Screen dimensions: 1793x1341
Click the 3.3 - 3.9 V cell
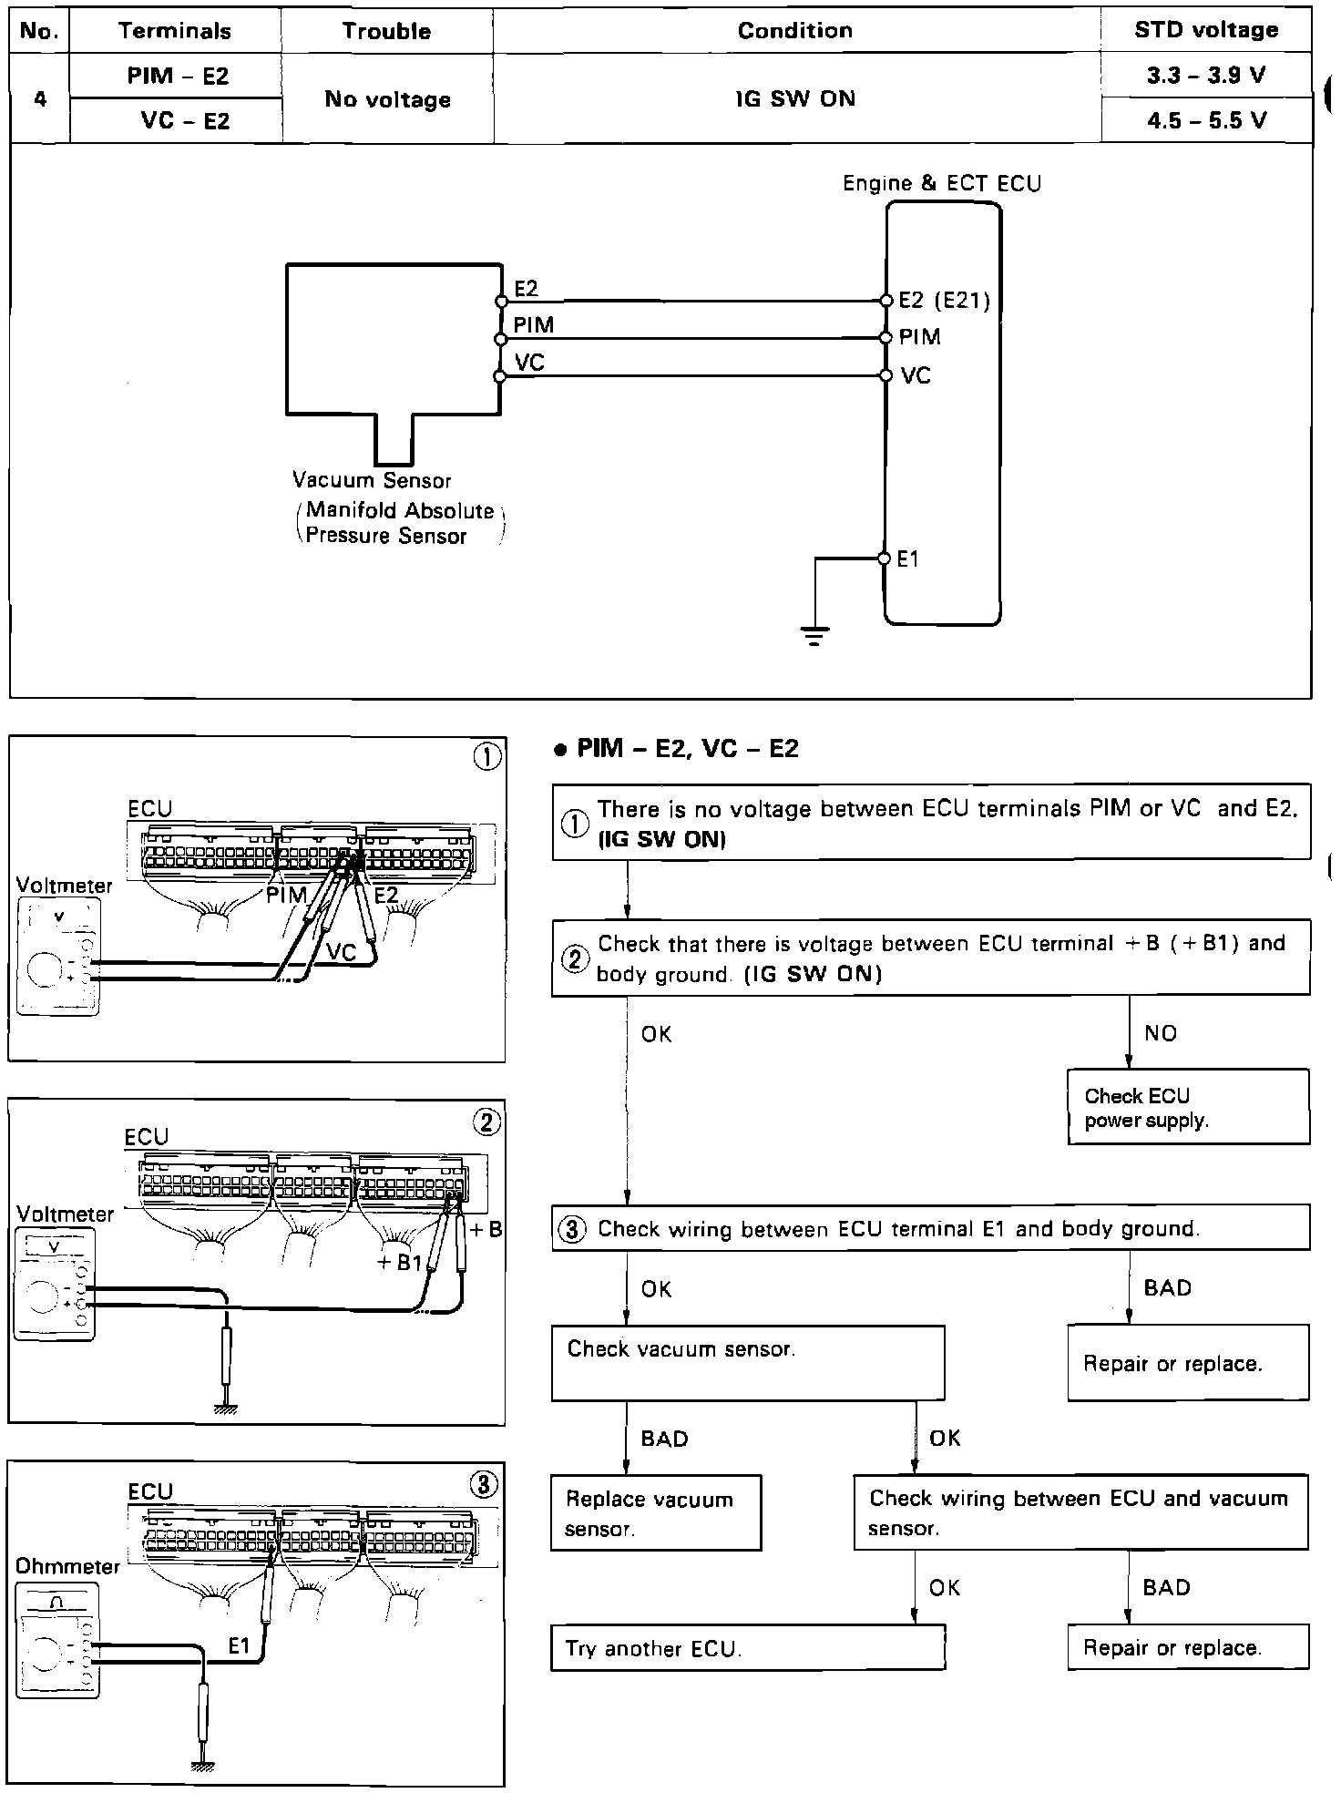point(1206,76)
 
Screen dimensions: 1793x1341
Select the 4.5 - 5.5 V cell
point(1206,120)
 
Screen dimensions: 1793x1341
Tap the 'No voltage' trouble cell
point(387,99)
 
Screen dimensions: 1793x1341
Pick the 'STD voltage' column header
point(1206,30)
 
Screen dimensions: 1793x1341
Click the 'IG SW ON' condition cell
point(795,98)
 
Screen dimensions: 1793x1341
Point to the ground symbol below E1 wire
point(814,634)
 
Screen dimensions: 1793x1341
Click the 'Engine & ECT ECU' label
point(941,183)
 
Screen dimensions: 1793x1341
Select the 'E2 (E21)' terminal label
point(944,301)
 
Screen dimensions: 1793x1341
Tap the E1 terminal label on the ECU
point(908,559)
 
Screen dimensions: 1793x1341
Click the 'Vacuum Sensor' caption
point(372,480)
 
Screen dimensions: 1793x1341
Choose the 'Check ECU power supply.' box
point(1188,1107)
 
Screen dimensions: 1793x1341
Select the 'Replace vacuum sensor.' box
point(655,1513)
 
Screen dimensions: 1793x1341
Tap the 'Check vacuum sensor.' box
point(747,1362)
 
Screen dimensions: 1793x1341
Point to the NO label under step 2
point(1161,1033)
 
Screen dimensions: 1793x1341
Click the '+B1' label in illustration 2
point(399,1263)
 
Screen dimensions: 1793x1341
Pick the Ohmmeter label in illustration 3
point(67,1566)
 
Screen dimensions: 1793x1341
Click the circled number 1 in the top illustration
point(487,758)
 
